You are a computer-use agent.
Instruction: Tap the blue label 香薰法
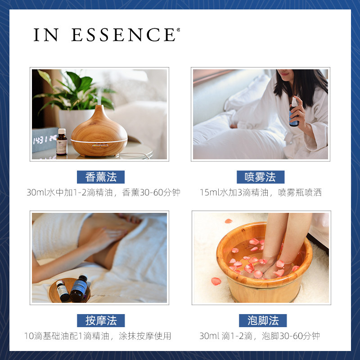(x=100, y=177)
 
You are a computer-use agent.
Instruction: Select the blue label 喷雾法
(x=261, y=177)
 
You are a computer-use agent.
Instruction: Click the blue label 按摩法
(x=100, y=320)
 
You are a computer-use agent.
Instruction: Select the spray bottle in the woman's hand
(x=294, y=112)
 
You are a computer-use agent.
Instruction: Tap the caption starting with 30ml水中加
(x=103, y=193)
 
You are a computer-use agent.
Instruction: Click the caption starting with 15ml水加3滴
(x=261, y=193)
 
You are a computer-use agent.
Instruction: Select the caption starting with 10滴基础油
(x=98, y=336)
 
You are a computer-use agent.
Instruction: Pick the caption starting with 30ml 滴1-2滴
(x=260, y=336)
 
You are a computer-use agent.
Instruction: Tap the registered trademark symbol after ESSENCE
(x=178, y=30)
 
